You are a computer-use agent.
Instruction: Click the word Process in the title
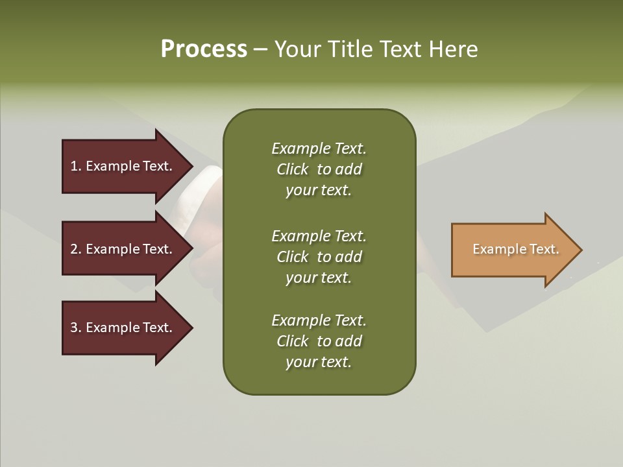click(x=204, y=49)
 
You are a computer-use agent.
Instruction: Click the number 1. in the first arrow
click(x=76, y=166)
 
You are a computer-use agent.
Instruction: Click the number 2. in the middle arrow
click(x=76, y=249)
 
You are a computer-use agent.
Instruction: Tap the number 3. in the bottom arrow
click(x=76, y=328)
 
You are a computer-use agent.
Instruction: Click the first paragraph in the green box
click(x=319, y=169)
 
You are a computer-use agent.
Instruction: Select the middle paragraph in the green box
click(x=319, y=257)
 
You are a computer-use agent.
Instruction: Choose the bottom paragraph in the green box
click(x=319, y=341)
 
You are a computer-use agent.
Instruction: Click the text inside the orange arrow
click(x=516, y=249)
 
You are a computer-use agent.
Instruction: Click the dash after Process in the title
click(x=260, y=50)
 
